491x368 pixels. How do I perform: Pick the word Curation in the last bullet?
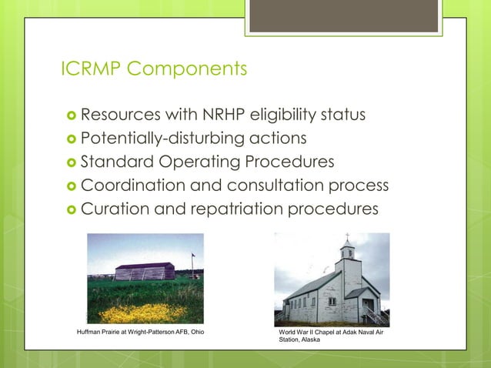(112, 208)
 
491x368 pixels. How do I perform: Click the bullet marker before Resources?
(69, 116)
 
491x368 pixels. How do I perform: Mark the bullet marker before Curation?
(69, 209)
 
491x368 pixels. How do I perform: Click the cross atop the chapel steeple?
(347, 236)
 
